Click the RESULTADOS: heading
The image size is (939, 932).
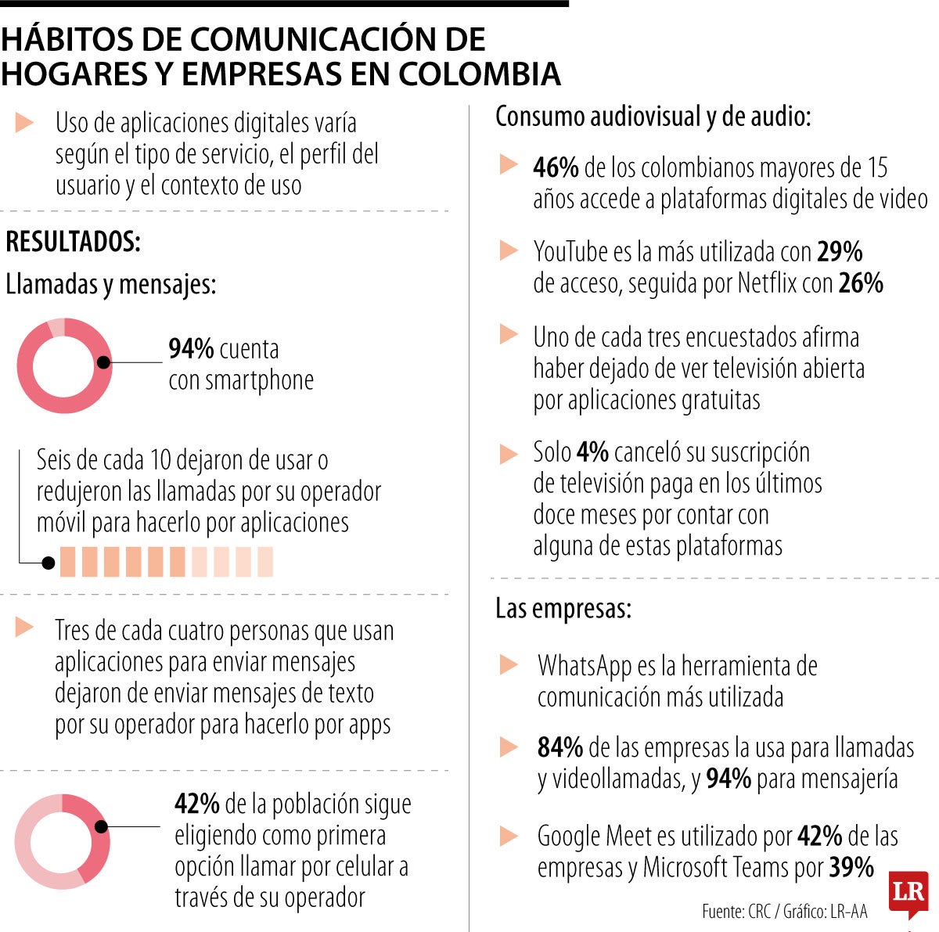73,242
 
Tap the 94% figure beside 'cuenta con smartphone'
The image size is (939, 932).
191,349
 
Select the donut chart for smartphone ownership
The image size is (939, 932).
64,365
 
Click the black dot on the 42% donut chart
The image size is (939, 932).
101,826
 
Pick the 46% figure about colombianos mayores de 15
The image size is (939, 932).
556,167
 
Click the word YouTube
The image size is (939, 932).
570,252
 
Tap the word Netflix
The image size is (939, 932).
767,283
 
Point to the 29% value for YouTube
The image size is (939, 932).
840,252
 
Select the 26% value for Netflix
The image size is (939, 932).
861,283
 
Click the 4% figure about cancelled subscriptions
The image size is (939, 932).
592,452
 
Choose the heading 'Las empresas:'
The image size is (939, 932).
563,609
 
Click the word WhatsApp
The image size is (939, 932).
585,666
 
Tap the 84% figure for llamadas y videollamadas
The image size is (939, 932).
559,748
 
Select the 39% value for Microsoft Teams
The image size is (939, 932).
851,867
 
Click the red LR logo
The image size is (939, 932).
908,893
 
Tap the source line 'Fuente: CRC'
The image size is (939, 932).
736,912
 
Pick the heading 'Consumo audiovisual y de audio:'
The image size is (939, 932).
653,117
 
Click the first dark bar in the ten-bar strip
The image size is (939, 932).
67,562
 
